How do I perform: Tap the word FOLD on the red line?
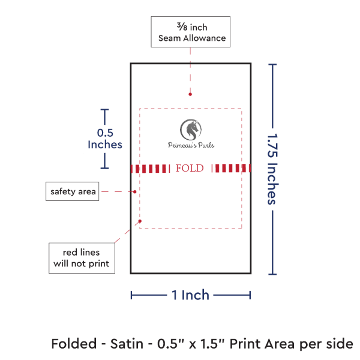pos(190,168)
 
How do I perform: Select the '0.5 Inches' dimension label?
pos(105,139)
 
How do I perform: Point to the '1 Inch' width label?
pos(190,295)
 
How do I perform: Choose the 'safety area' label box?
pos(73,191)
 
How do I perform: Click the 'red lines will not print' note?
pos(82,258)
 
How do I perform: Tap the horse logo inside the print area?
pos(191,128)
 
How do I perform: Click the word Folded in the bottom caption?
pos(74,344)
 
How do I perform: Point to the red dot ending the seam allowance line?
pos(190,94)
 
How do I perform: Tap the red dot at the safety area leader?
pos(135,191)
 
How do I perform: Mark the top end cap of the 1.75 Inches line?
pos(274,64)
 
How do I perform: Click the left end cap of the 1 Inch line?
pos(131,295)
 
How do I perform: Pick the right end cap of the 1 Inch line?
pos(250,295)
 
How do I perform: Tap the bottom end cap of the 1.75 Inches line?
pos(274,274)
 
